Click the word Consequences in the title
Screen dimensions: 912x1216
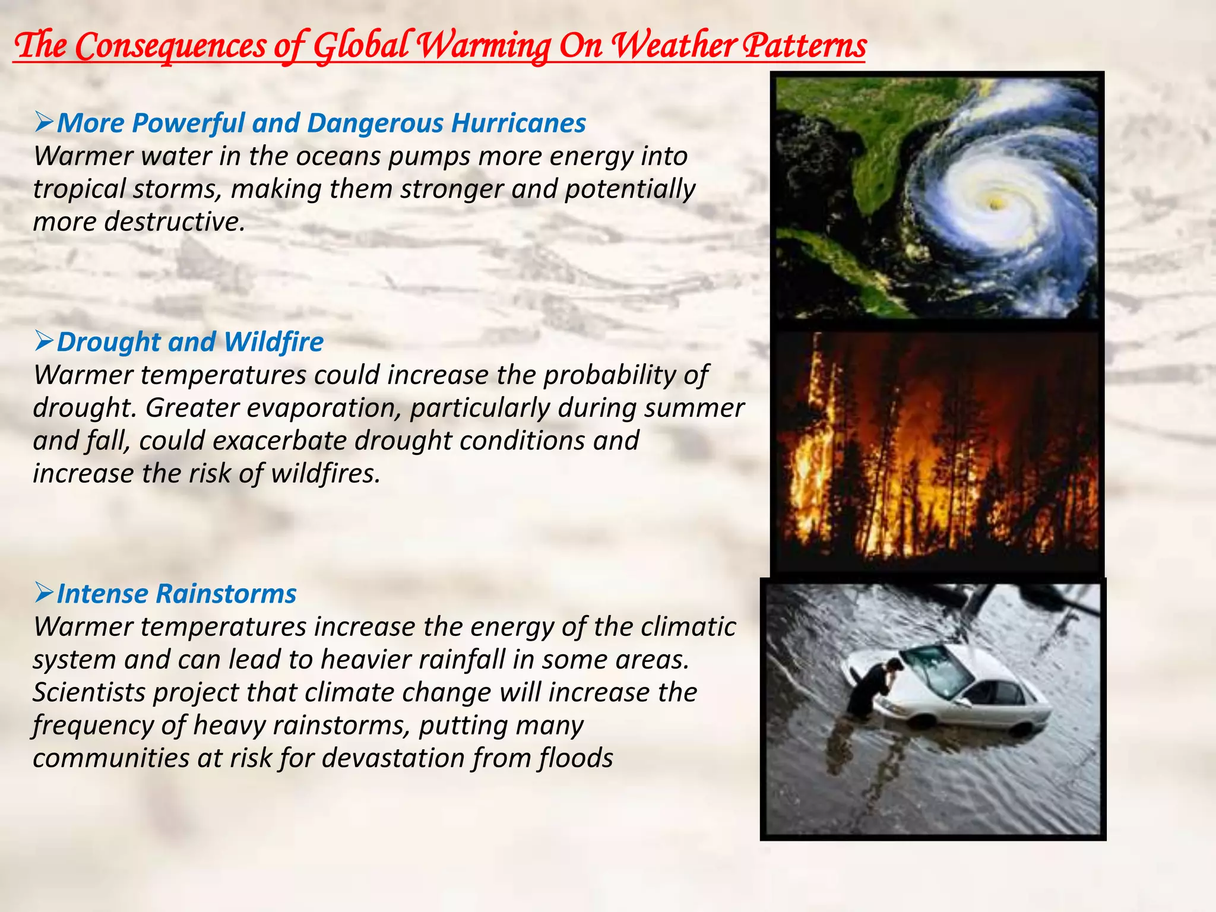tap(170, 46)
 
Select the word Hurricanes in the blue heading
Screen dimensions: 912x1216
tap(518, 123)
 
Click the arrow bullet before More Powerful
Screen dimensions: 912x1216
tap(45, 122)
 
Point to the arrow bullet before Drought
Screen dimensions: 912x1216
tap(45, 341)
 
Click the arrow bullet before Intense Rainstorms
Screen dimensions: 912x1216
tap(45, 592)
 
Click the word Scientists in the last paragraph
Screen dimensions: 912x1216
tap(89, 693)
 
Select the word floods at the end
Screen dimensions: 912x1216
tap(576, 758)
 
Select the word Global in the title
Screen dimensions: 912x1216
tap(360, 46)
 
